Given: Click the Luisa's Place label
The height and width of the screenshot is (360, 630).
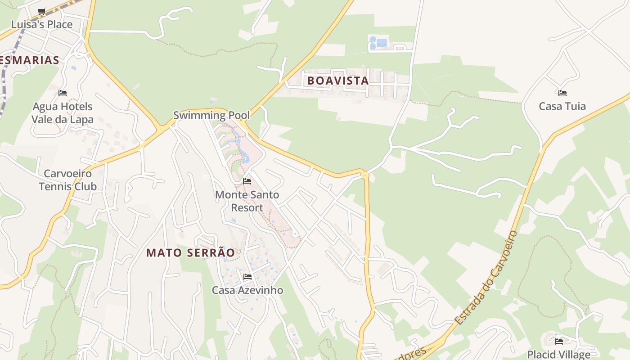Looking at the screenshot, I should pos(41,24).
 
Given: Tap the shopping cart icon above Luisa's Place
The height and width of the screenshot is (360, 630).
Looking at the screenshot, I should pos(42,11).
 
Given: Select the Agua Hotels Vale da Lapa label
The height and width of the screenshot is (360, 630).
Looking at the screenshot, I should pos(62,113).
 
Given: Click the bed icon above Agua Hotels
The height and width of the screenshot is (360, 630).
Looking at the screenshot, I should pos(63,93).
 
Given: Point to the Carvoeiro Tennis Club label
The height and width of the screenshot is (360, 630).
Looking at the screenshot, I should pos(67,180).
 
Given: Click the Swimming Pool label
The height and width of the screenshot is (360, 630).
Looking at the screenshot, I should pos(211,115).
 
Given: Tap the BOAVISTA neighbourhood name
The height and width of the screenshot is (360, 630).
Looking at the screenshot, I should pos(338,81).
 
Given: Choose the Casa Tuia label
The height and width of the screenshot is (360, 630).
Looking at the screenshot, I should pos(562,106).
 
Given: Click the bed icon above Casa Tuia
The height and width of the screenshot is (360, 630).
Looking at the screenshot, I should pos(562,93).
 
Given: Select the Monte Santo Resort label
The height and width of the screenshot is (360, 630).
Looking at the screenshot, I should pos(247,201).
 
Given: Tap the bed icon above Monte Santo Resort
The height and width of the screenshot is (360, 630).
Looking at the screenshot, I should pos(247,181).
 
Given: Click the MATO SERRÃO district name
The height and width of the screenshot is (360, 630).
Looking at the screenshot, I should pos(190,253).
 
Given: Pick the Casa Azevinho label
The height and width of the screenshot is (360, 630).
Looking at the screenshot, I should pos(247,290).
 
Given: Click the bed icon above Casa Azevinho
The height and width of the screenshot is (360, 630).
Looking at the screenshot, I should pos(247,276).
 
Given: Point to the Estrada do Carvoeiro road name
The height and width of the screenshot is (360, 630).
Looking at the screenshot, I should pos(486,278).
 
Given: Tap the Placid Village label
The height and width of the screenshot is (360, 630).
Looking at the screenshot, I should pos(558,354).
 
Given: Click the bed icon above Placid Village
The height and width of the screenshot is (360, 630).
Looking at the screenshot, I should pos(559,341).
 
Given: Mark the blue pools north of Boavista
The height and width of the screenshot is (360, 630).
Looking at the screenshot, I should pos(378,43).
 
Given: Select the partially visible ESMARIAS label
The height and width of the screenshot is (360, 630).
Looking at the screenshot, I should pos(30,60).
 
